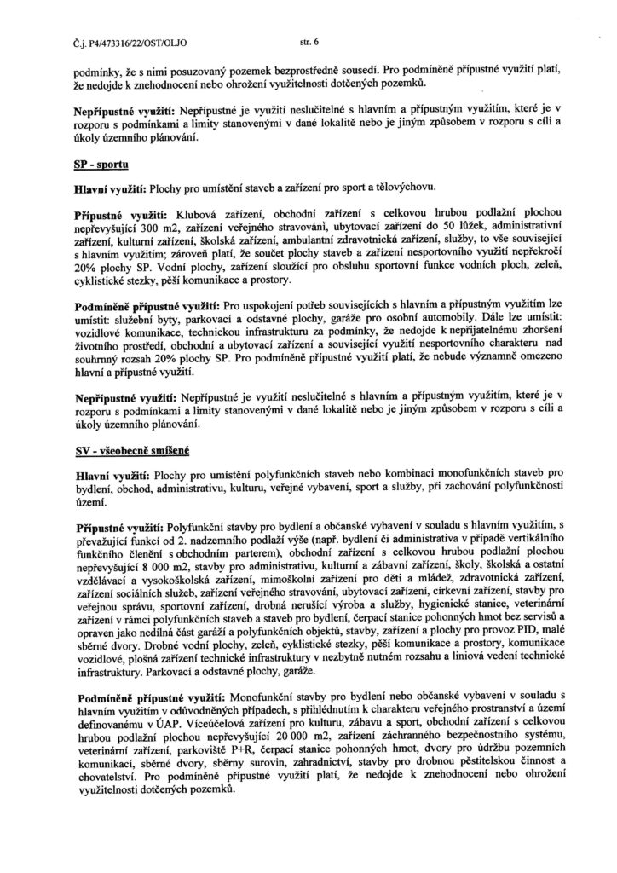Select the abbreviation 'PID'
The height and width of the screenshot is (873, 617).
click(529, 630)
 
